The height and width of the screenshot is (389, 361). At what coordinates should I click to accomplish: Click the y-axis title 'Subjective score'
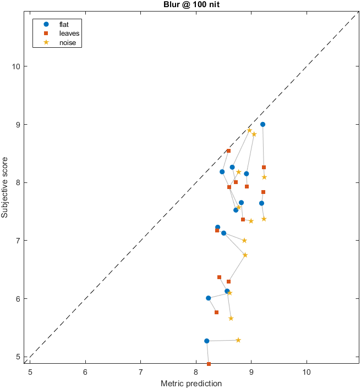coord(6,186)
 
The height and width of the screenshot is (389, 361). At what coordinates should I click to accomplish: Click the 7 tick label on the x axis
coord(141,371)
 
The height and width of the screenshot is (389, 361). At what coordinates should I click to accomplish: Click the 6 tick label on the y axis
coord(20,298)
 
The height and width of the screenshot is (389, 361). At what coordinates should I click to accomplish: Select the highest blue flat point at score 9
coord(262,124)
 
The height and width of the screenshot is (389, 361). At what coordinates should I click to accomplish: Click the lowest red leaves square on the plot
coord(209,364)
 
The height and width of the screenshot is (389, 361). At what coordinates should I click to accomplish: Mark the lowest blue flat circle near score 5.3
coord(207,341)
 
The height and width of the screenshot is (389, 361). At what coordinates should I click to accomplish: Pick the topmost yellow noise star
coord(249,130)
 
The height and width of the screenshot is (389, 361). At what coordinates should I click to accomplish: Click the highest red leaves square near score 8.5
coord(228,151)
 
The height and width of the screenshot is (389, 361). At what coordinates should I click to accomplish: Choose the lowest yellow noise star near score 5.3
coord(238,340)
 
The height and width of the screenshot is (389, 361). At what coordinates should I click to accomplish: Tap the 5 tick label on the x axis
coord(30,371)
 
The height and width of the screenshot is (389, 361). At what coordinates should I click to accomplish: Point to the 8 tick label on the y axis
coord(20,182)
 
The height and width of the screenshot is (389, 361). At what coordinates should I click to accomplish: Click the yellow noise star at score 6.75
coord(245,255)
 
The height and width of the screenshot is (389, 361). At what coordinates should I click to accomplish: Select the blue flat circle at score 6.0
coord(208,298)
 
